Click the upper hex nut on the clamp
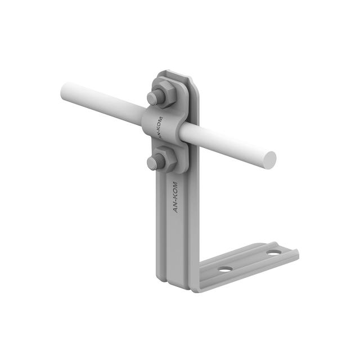coord(164,92)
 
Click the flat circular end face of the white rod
coord(269,160)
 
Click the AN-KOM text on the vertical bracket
coord(175,197)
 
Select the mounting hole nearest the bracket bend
coord(225,269)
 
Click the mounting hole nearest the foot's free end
coord(274,253)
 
